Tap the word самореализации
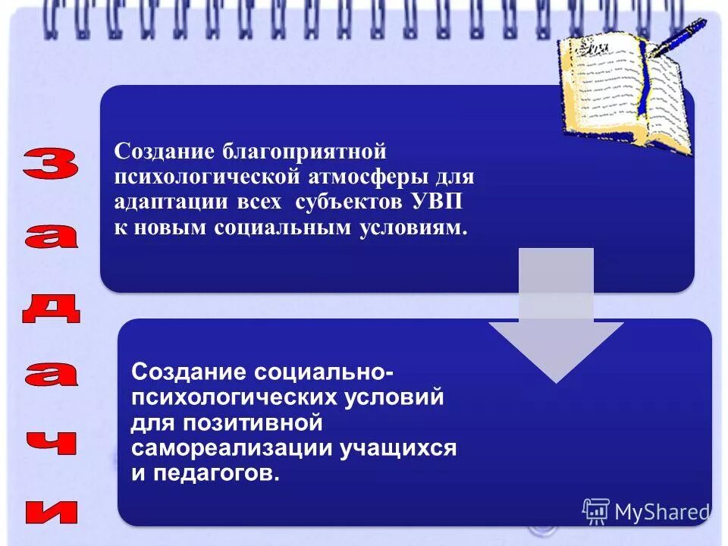pyautogui.click(x=226, y=447)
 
